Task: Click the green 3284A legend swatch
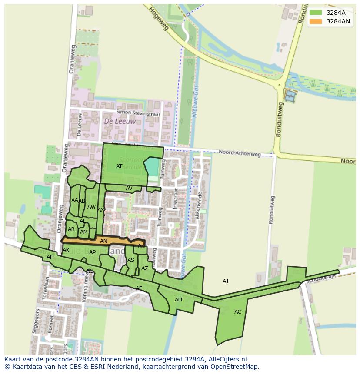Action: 316,13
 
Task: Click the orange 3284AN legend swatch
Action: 316,21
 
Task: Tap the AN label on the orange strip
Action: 103,241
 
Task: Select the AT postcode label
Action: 119,166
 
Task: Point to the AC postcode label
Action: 238,312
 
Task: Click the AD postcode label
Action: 178,300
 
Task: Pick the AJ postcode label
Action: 225,281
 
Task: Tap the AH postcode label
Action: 50,257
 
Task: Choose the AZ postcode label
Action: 145,268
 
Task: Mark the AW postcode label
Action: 91,207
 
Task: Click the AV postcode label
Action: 129,189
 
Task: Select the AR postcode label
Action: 71,229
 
